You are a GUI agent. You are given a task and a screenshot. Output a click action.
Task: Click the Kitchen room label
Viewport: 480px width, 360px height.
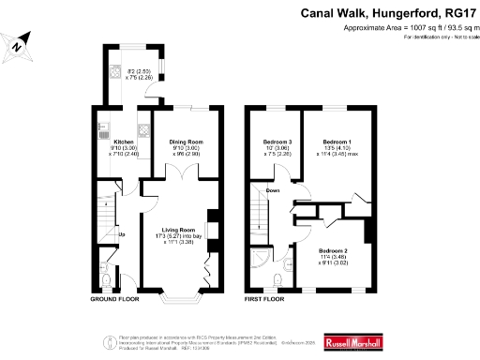125,142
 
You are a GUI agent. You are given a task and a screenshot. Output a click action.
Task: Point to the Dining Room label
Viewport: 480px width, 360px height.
186,142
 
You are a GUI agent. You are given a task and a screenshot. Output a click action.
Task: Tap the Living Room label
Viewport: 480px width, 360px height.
178,229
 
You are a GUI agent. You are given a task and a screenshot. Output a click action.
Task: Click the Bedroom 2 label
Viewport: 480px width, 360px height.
333,251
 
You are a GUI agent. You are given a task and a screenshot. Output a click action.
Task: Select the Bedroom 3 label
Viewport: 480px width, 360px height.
277,142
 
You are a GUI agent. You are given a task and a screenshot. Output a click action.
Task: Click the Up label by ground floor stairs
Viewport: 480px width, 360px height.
121,234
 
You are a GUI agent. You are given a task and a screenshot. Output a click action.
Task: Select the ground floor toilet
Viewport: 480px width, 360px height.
108,279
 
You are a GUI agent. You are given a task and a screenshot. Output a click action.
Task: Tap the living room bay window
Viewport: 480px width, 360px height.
178,298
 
